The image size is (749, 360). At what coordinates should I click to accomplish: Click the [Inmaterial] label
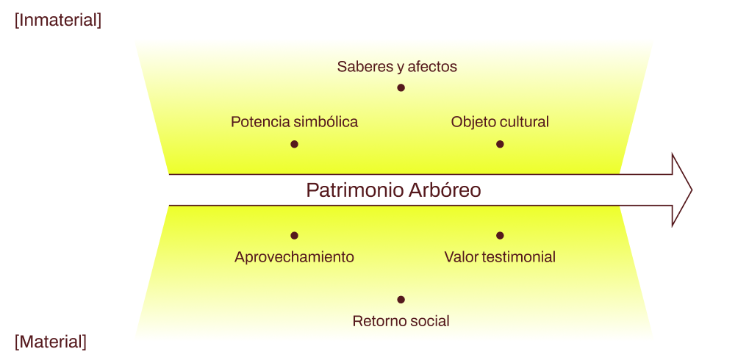[x=58, y=21]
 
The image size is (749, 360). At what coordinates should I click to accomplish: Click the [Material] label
[x=51, y=342]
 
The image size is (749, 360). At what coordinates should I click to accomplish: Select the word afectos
[x=432, y=67]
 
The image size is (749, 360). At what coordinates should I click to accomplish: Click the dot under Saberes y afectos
[x=401, y=87]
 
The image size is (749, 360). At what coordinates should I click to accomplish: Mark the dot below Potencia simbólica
[x=294, y=144]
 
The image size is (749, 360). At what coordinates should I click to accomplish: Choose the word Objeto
[x=474, y=122]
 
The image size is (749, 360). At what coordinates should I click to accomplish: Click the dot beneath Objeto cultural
[x=500, y=144]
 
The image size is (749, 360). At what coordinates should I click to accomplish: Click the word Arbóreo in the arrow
[x=446, y=190]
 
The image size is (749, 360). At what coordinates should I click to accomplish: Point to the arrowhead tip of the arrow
[x=690, y=190]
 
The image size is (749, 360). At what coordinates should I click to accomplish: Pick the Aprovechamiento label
[x=294, y=257]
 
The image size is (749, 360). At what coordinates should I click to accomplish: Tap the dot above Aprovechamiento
[x=294, y=236]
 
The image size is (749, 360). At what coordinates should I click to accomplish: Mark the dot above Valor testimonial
[x=500, y=236]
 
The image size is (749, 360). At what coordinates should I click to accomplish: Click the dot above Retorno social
[x=401, y=300]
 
